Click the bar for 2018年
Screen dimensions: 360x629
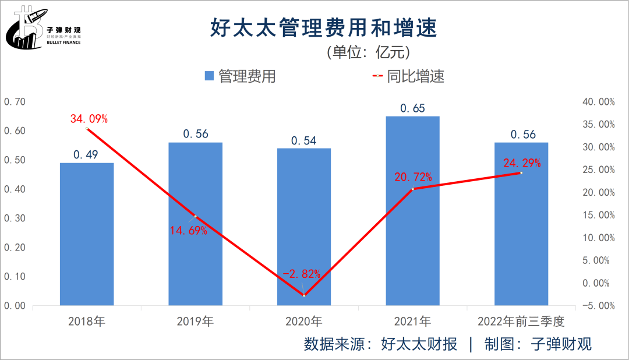point(87,234)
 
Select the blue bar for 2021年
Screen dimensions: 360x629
point(412,210)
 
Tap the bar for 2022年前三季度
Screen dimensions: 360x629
point(521,224)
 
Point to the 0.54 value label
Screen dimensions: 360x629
point(304,140)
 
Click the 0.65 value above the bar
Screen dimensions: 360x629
point(412,108)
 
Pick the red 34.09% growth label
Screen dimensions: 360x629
point(89,119)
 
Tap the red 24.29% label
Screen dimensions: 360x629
point(522,163)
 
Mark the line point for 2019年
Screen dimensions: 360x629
point(195,216)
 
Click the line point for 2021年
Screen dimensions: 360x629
point(412,189)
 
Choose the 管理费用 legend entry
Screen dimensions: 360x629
point(240,76)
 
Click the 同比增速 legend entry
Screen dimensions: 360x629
point(408,76)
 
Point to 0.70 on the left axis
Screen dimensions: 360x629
point(15,102)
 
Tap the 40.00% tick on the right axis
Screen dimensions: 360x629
point(598,102)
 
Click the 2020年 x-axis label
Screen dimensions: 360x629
point(303,321)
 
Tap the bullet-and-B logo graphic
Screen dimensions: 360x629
point(23,28)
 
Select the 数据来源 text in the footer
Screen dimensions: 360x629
point(335,344)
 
